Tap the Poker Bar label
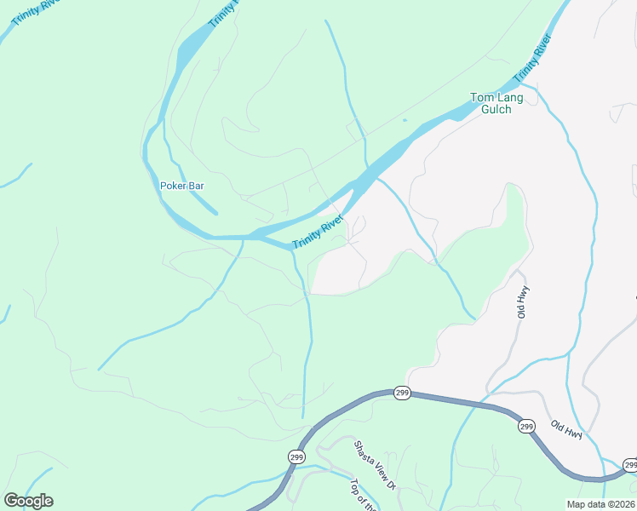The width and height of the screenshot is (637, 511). click(x=182, y=185)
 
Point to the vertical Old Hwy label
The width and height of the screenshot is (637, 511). click(x=522, y=301)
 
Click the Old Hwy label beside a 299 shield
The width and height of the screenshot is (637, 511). click(x=565, y=430)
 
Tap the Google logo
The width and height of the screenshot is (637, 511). click(x=28, y=501)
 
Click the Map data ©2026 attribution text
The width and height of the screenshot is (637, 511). click(x=600, y=504)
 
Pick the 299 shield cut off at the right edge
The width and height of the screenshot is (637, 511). click(x=629, y=465)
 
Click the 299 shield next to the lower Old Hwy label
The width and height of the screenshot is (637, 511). click(x=526, y=426)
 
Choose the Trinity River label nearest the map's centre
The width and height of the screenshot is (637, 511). click(x=318, y=233)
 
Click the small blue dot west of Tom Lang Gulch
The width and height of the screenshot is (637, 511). click(x=405, y=120)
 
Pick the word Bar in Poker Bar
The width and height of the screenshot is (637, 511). click(x=197, y=185)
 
